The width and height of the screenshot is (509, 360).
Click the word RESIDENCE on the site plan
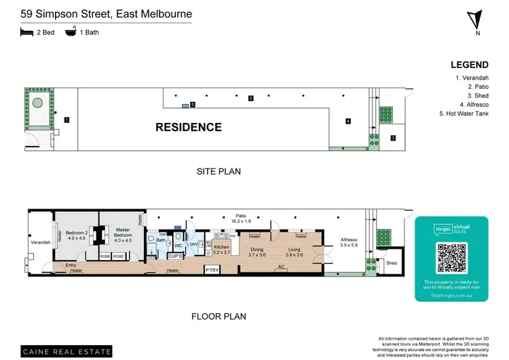(189, 127)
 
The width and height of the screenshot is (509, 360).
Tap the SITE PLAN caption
(218, 172)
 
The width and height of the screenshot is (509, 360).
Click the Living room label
(293, 252)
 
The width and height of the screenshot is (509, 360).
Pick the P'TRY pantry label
(212, 270)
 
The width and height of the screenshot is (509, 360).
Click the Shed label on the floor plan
(391, 262)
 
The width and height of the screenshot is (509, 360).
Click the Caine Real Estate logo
(66, 351)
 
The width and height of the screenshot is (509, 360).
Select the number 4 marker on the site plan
(348, 122)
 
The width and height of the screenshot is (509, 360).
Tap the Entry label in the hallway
(71, 265)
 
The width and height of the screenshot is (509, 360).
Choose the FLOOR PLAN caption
(218, 316)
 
